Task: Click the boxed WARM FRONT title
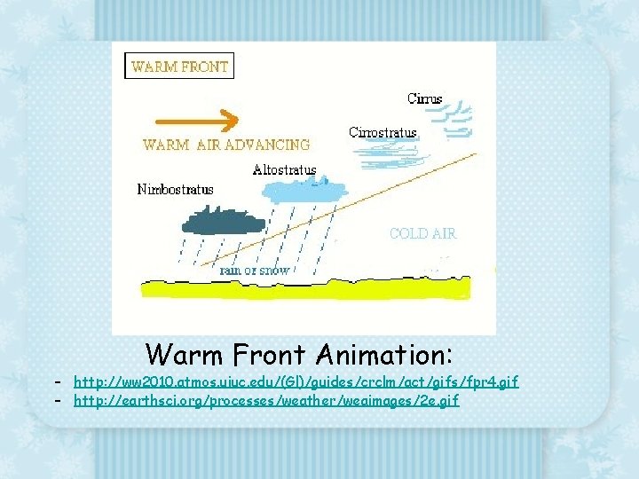coord(180,66)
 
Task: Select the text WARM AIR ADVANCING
coord(226,145)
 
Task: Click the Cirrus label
coord(424,99)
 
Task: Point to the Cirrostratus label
coord(383,133)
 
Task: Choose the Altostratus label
coord(284,169)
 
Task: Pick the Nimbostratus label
coord(176,189)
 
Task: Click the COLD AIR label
coord(422,233)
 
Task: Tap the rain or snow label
coord(255,270)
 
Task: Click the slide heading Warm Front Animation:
coord(299,355)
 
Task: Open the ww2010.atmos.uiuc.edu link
coord(296,381)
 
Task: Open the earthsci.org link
coord(266,400)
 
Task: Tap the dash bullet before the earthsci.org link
coord(56,400)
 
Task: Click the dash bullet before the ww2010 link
coord(56,381)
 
